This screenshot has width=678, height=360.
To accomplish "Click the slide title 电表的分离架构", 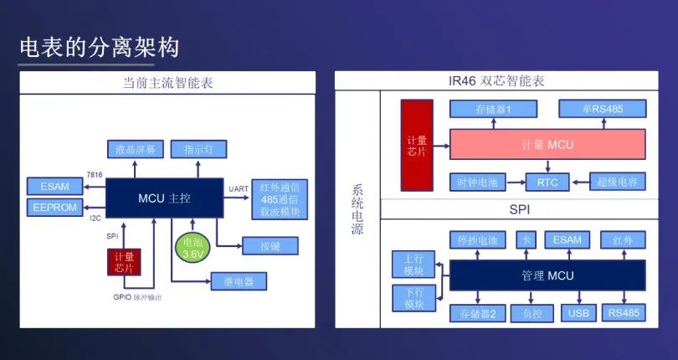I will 99,49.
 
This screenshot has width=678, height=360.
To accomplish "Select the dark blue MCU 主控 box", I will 164,198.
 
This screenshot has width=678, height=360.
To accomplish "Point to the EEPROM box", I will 54,207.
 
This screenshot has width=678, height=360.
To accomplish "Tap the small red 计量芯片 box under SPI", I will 124,262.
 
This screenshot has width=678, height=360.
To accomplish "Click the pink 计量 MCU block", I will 547,145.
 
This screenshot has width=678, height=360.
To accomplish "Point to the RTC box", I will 547,181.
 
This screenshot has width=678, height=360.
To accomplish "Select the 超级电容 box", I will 618,181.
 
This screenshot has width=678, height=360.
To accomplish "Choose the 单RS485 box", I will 603,109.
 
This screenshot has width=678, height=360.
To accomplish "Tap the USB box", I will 577,313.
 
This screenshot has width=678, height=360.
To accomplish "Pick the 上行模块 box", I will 413,265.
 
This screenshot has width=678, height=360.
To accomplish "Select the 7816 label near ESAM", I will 95,174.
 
